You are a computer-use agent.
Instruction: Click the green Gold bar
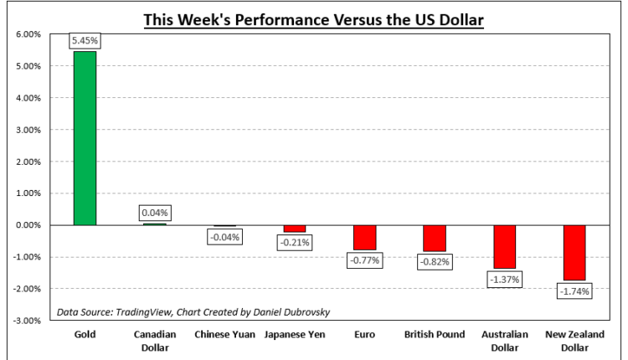coord(85,138)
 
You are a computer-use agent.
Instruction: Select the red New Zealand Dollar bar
coord(574,252)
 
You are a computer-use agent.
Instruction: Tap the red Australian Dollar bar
coord(504,246)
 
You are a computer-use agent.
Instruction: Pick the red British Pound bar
coord(434,238)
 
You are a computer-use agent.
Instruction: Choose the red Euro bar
coord(364,237)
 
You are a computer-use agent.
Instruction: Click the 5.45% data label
coord(85,40)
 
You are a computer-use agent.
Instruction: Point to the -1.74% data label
coord(574,291)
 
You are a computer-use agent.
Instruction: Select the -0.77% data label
coord(364,260)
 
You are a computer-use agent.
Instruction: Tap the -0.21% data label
coord(295,243)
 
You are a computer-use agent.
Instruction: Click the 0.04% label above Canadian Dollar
coord(155,213)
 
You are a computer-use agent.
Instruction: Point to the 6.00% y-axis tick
coord(28,34)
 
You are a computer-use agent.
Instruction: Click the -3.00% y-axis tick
coord(27,321)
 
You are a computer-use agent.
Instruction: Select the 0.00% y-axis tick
coord(28,225)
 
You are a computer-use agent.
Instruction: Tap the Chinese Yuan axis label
coord(224,335)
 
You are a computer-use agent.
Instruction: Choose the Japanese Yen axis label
coord(295,335)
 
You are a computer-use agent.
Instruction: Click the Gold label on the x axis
coord(85,335)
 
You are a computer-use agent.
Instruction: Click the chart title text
coord(313,18)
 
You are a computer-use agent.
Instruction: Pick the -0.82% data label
coord(434,261)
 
